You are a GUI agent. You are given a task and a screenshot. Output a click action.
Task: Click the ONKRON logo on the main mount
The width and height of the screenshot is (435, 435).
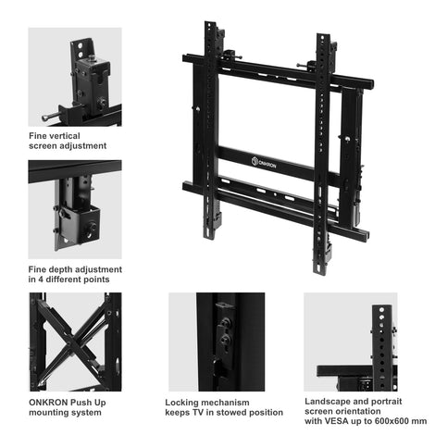point(264,163)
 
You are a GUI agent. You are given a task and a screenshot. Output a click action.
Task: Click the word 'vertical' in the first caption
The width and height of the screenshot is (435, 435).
point(65,136)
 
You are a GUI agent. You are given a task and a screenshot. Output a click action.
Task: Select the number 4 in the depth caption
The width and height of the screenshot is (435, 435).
point(41,280)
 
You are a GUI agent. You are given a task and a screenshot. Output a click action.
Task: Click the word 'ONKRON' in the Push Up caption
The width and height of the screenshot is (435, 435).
point(48,403)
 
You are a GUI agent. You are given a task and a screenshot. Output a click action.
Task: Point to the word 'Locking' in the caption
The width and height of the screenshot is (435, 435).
point(180,403)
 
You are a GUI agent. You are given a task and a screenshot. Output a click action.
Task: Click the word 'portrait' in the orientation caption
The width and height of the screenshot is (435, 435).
point(386,402)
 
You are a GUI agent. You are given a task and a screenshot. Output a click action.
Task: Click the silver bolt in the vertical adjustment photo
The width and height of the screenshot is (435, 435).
point(49,117)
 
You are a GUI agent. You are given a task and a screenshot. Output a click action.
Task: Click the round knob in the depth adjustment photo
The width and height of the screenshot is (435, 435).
point(92,228)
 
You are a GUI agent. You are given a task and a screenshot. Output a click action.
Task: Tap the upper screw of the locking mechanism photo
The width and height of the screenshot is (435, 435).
point(225,322)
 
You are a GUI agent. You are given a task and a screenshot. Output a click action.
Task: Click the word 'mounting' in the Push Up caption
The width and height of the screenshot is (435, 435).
point(48,413)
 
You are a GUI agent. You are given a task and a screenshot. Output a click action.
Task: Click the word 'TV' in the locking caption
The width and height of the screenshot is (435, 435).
point(198,413)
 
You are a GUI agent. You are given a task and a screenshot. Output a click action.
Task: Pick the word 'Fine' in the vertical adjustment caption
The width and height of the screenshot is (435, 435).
point(38,136)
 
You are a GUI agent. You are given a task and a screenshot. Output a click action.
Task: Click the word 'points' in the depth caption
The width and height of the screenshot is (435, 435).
point(98,280)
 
